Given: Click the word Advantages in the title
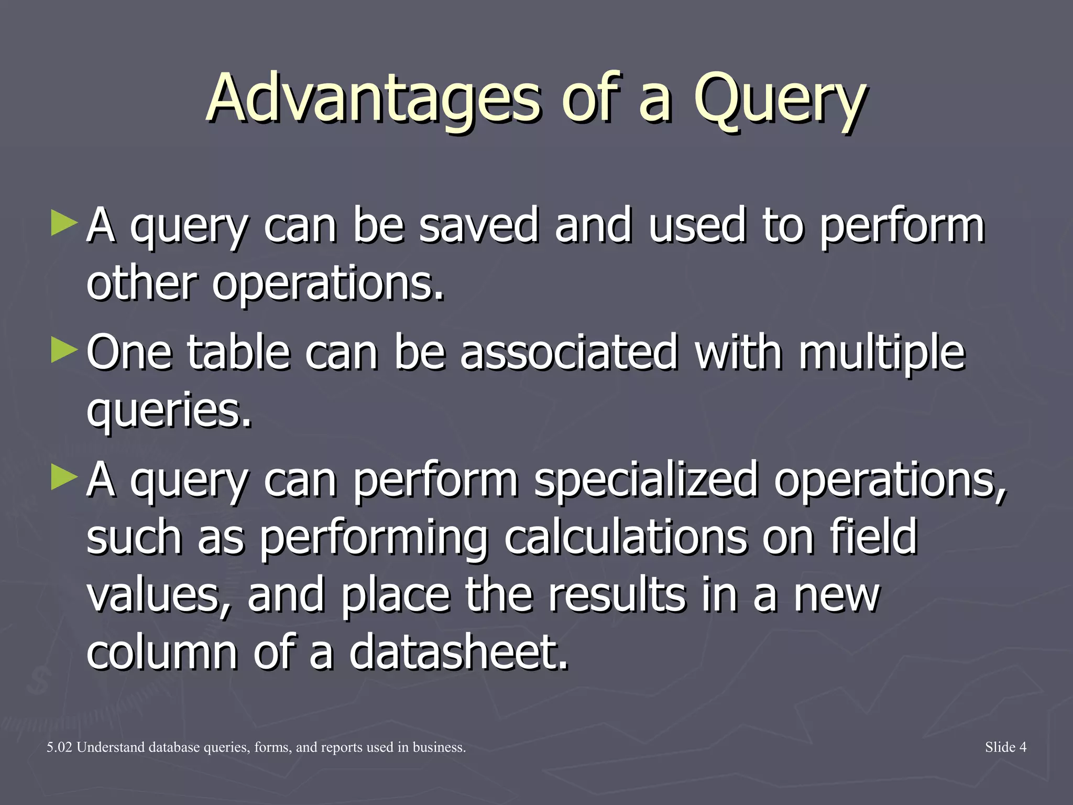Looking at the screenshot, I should [373, 100].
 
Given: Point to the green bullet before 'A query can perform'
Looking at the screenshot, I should [64, 477].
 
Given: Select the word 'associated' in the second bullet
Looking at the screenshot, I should [569, 353].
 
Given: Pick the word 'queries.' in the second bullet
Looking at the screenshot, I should [169, 411].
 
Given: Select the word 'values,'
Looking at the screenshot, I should [159, 596].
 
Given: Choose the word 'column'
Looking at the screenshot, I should [162, 652].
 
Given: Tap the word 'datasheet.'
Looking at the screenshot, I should [458, 652].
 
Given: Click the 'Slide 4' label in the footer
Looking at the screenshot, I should [1005, 747].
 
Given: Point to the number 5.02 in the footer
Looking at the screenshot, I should [59, 747].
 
